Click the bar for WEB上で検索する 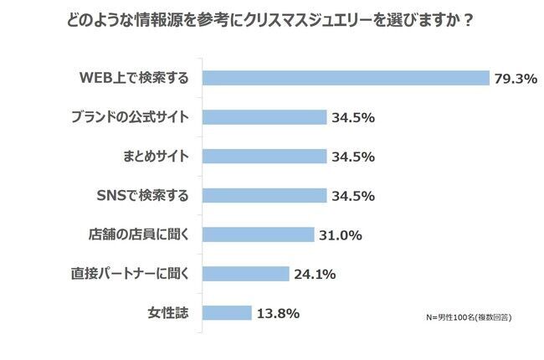click(346, 78)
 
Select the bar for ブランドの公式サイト click(264, 117)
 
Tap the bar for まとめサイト click(264, 157)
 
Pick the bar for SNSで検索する click(264, 195)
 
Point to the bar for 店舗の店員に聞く click(258, 234)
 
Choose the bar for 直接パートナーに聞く click(245, 274)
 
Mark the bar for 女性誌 click(227, 313)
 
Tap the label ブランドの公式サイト click(131, 117)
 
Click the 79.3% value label click(515, 79)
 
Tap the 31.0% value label click(340, 235)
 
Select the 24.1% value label click(315, 275)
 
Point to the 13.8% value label click(278, 314)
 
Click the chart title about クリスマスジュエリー click(271, 20)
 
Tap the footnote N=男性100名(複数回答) click(469, 318)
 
